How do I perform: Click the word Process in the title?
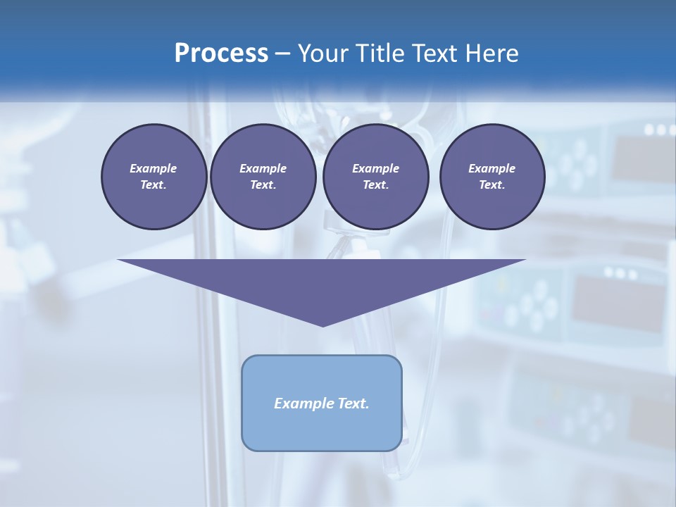221,54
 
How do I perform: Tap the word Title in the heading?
380,54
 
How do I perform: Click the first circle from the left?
154,177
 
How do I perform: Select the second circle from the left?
263,177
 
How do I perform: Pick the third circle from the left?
375,177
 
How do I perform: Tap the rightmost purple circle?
492,177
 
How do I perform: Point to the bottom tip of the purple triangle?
323,326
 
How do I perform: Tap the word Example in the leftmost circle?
154,168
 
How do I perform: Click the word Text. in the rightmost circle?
492,185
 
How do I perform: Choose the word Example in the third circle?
375,168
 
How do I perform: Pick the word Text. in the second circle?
263,185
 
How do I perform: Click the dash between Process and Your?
282,54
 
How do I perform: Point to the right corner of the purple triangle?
525,260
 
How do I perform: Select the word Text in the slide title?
434,54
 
